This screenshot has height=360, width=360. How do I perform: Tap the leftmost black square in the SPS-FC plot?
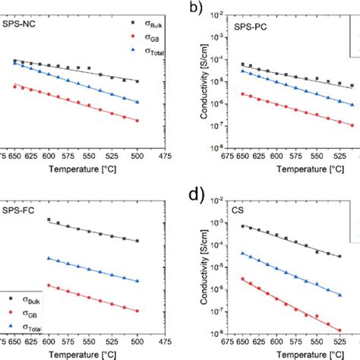click(x=49, y=220)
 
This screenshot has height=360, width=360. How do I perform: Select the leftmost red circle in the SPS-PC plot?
click(x=242, y=94)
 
